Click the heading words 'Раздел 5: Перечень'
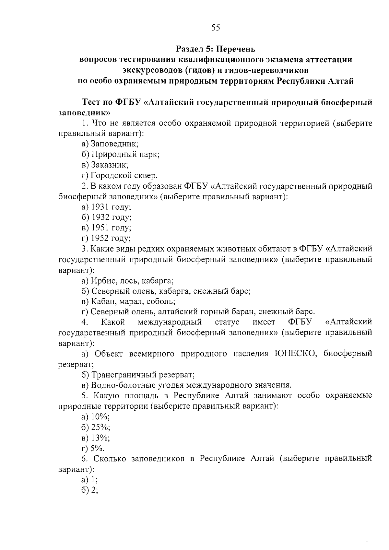click(x=216, y=49)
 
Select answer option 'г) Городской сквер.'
click(x=120, y=176)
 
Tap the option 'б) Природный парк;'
click(x=120, y=154)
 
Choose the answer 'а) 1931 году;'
click(x=106, y=207)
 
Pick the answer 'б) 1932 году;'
click(x=107, y=217)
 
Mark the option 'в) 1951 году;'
click(x=106, y=228)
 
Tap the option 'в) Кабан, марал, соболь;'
click(x=128, y=301)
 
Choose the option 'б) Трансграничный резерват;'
click(x=138, y=375)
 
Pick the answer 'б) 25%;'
click(x=96, y=427)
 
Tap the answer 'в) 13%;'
click(x=96, y=438)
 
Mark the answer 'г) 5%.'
click(x=93, y=449)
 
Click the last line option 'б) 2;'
click(x=90, y=490)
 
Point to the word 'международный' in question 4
click(x=170, y=322)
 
